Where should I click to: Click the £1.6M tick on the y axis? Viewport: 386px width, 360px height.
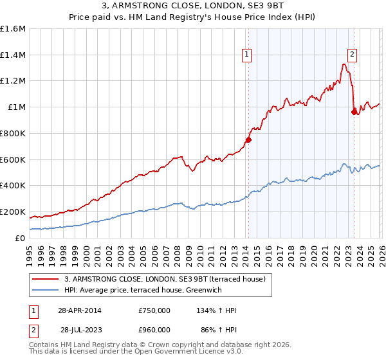tap(13, 29)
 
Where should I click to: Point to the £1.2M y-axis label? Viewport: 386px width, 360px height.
tap(13, 81)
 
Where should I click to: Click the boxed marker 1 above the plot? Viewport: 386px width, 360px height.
tap(248, 55)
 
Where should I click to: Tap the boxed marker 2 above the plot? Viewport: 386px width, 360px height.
tap(353, 55)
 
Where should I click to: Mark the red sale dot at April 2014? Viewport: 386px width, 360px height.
tap(248, 139)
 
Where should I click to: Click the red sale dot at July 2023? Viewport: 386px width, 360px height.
tap(353, 112)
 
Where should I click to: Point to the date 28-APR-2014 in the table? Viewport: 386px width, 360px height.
tap(80, 310)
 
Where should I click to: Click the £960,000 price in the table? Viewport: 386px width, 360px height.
tap(154, 329)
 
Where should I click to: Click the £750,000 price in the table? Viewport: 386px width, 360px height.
tap(154, 310)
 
